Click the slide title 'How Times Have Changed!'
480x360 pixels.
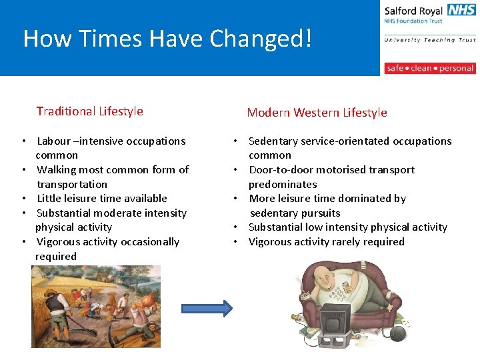click(x=167, y=39)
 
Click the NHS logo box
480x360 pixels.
click(x=461, y=11)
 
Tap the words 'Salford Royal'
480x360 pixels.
click(x=413, y=11)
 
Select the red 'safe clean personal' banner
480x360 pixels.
click(x=429, y=68)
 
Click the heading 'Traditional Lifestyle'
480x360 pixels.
click(x=89, y=111)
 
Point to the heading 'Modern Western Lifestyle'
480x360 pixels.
click(x=317, y=113)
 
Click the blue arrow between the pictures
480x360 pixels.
click(x=207, y=308)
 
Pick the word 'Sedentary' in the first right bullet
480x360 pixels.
click(x=274, y=141)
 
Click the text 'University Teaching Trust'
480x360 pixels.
click(x=429, y=40)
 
